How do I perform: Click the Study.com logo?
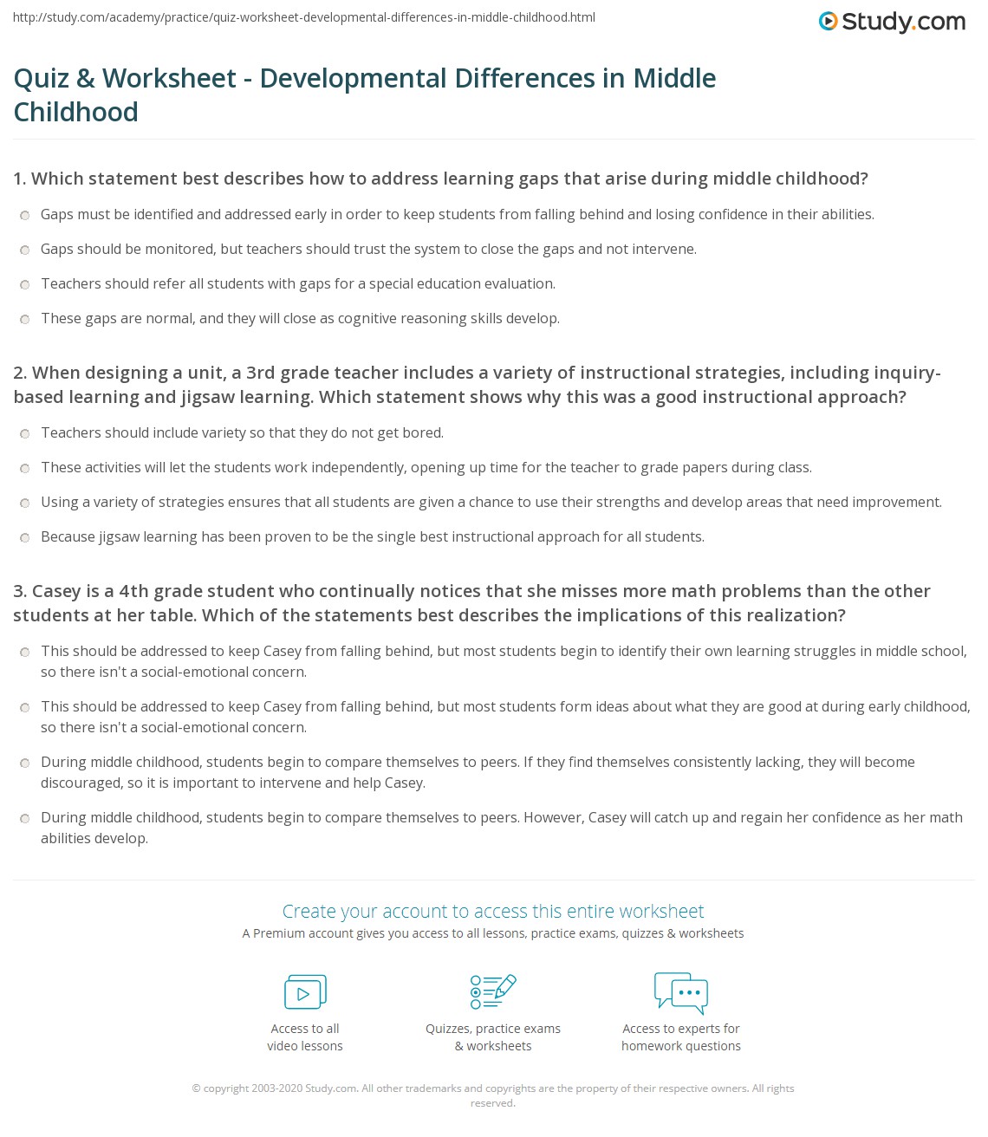pyautogui.click(x=892, y=22)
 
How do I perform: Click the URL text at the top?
pyautogui.click(x=303, y=17)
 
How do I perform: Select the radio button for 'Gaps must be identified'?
pyautogui.click(x=25, y=215)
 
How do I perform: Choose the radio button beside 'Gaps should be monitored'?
pyautogui.click(x=25, y=250)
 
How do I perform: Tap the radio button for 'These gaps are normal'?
pyautogui.click(x=25, y=319)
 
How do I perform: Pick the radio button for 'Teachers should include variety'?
pyautogui.click(x=25, y=433)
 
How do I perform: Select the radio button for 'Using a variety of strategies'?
pyautogui.click(x=25, y=503)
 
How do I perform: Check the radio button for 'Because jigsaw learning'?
pyautogui.click(x=25, y=537)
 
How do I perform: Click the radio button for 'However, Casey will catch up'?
pyautogui.click(x=25, y=818)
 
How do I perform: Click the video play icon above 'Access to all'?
pyautogui.click(x=305, y=992)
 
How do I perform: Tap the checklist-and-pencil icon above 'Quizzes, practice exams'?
pyautogui.click(x=493, y=992)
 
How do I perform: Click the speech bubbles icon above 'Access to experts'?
pyautogui.click(x=681, y=992)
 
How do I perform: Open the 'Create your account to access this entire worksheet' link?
pyautogui.click(x=493, y=911)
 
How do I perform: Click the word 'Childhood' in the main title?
pyautogui.click(x=76, y=112)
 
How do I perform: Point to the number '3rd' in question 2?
pyautogui.click(x=261, y=373)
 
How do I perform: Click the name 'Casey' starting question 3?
pyautogui.click(x=56, y=591)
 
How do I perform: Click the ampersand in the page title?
pyautogui.click(x=86, y=78)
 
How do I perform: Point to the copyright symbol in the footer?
pyautogui.click(x=196, y=1088)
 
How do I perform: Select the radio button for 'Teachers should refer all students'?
pyautogui.click(x=25, y=284)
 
